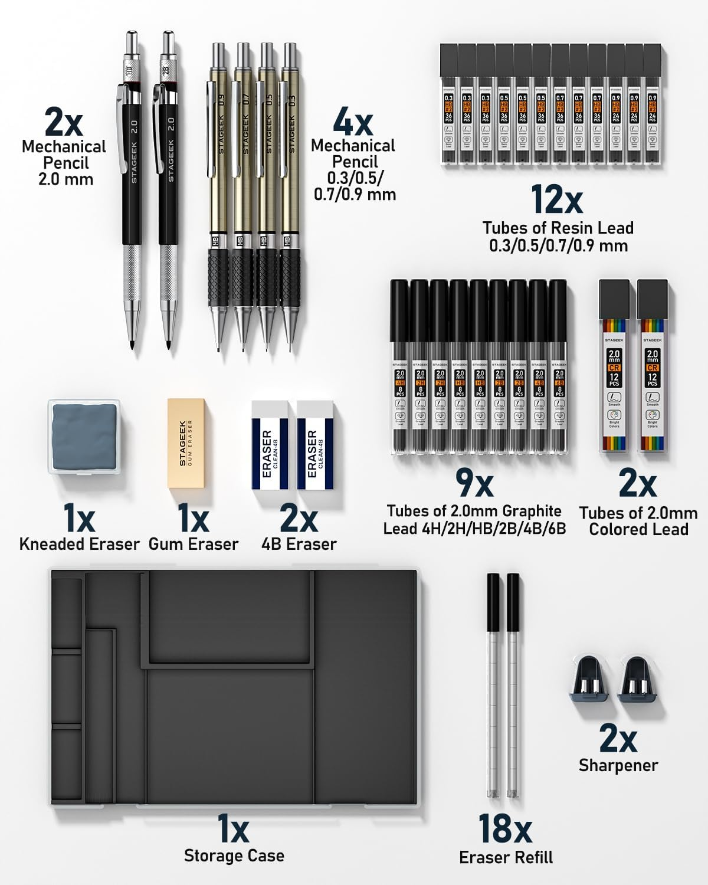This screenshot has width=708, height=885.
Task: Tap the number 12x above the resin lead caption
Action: pos(556,199)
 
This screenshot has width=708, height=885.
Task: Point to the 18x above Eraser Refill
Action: pos(505,828)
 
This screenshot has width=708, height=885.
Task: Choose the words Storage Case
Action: pos(234,855)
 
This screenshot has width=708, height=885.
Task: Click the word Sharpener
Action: pos(618,765)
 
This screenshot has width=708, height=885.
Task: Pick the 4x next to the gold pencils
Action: pos(352,122)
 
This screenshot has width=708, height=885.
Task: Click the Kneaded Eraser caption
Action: pos(79,544)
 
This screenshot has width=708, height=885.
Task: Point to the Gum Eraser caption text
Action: pos(194,544)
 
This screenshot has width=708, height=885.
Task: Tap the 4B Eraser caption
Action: pos(299,544)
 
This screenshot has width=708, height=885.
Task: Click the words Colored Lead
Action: pos(638,529)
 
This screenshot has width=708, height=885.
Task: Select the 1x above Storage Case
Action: pos(234,828)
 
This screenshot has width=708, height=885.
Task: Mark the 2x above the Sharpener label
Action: pos(618,737)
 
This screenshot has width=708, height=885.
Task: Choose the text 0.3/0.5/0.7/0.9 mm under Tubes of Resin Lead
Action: pos(558,245)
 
